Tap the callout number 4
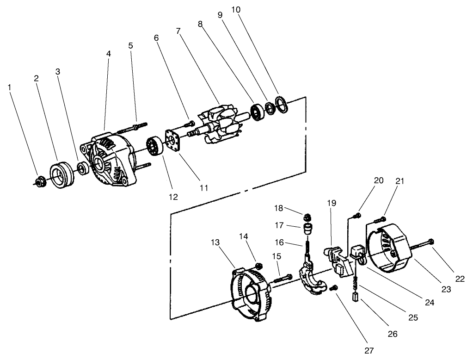[x=109, y=54]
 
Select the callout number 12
[x=173, y=197]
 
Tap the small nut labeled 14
[x=259, y=266]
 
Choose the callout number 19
[x=332, y=203]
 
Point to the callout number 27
[x=369, y=350]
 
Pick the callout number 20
[x=379, y=181]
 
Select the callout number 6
[x=156, y=38]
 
